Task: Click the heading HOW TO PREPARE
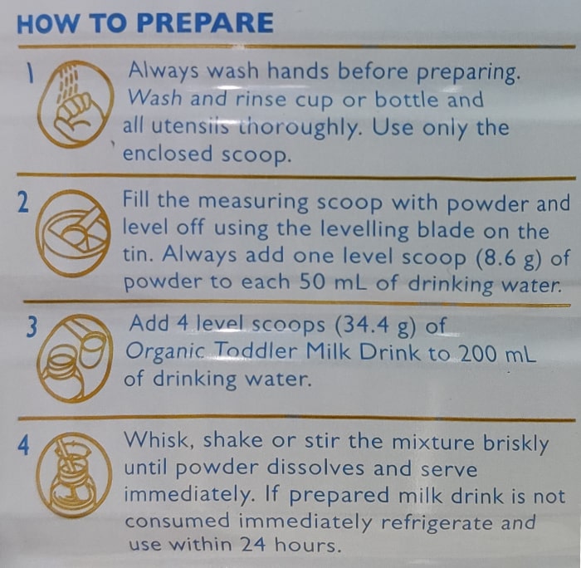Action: tap(145, 23)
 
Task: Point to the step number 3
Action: tap(32, 327)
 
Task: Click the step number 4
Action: tap(23, 445)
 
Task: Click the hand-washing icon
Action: tap(76, 104)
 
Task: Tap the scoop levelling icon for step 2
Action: tap(73, 233)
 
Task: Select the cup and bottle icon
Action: tap(75, 358)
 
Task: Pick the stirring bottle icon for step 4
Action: tap(74, 475)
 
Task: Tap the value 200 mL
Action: tap(497, 354)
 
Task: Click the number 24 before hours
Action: tap(253, 544)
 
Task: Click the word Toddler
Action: tap(256, 351)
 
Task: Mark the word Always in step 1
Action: tap(164, 70)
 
